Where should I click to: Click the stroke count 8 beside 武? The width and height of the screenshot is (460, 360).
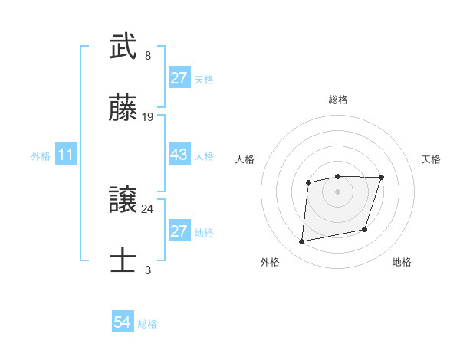tap(148, 56)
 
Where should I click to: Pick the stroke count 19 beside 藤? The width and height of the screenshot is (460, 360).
tap(148, 117)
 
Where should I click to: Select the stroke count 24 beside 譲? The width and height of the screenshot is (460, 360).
tap(148, 208)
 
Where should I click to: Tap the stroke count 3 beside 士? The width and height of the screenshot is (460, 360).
tap(148, 270)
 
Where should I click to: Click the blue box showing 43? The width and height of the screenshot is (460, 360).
tap(179, 155)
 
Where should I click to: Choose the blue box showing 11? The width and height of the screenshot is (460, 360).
tap(66, 155)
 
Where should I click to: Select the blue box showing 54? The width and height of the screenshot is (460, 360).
tap(123, 323)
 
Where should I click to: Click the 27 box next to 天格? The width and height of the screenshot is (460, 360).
tap(179, 78)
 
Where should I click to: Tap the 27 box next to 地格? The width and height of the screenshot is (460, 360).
tap(179, 231)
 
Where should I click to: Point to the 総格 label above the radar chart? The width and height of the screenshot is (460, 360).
tap(338, 100)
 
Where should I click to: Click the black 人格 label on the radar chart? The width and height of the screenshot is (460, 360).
tap(245, 159)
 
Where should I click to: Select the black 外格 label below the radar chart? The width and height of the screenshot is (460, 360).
tap(270, 263)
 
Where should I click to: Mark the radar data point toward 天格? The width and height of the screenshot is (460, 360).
tap(381, 178)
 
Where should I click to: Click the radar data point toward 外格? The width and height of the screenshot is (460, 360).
tap(302, 242)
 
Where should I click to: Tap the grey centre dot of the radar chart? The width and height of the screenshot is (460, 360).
tap(338, 191)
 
